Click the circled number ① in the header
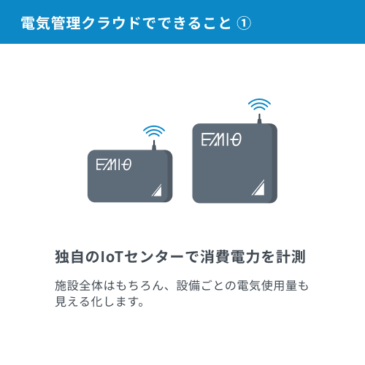[244, 23]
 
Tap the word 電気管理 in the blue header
[50, 23]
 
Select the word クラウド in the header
[111, 23]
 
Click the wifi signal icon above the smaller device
[154, 131]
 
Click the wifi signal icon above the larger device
[259, 104]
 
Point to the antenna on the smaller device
[154, 145]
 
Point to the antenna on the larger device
[259, 119]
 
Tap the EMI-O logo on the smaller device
[114, 165]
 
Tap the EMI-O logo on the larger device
[221, 139]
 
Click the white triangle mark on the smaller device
[157, 190]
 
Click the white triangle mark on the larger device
[258, 188]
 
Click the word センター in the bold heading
[153, 257]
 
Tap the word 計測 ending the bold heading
[291, 257]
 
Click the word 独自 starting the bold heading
[69, 257]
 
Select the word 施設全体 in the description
[79, 285]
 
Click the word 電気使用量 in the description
[266, 285]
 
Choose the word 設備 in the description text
[188, 285]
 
